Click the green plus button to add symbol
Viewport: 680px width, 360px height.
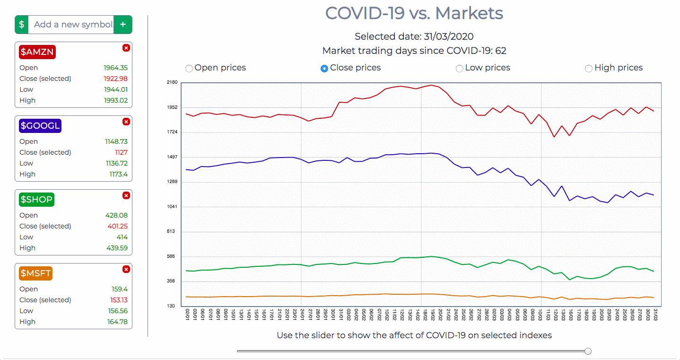[x=123, y=25]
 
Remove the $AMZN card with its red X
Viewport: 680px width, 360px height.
[x=126, y=48]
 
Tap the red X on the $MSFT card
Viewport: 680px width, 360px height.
[x=126, y=269]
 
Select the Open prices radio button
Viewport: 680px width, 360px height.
[x=189, y=69]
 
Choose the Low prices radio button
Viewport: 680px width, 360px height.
[x=459, y=69]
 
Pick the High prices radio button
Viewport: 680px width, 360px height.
[x=589, y=69]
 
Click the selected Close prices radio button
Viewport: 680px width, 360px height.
[x=324, y=69]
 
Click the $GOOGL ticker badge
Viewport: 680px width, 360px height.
[x=40, y=126]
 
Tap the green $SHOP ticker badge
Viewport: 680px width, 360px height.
[x=37, y=200]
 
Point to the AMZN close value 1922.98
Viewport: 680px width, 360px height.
[x=115, y=79]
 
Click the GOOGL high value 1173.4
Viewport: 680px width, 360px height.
[x=118, y=174]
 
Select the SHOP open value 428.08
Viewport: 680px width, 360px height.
[x=116, y=215]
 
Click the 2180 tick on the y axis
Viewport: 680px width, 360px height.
[x=172, y=82]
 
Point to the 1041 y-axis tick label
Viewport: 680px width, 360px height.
[x=172, y=207]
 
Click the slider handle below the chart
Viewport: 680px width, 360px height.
[x=588, y=351]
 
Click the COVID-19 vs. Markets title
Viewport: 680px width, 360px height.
[x=414, y=13]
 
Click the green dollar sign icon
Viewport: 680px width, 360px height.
[x=22, y=25]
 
